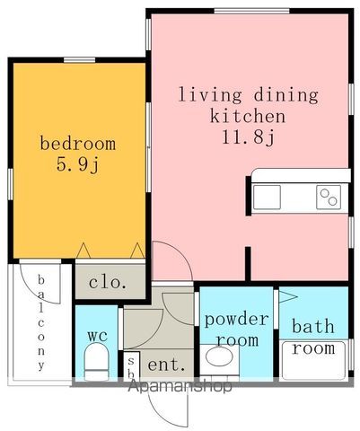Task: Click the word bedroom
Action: tap(78, 144)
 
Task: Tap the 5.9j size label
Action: tap(77, 164)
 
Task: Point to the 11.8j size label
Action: tap(248, 137)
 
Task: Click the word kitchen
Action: tap(248, 116)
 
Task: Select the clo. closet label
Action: tap(108, 282)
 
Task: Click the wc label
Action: tap(98, 336)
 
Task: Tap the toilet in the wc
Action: tap(96, 362)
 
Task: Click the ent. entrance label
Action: tap(166, 365)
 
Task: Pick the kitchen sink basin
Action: tap(267, 197)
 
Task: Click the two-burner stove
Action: tap(329, 197)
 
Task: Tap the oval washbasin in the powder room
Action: tap(220, 356)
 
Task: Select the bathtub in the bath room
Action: tap(313, 360)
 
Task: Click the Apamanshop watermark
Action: tap(180, 386)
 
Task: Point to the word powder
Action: tap(236, 320)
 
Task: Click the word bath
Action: tap(313, 326)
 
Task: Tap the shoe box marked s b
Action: tap(131, 366)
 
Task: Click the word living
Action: tap(210, 95)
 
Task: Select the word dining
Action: tap(285, 95)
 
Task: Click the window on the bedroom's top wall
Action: tap(80, 60)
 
